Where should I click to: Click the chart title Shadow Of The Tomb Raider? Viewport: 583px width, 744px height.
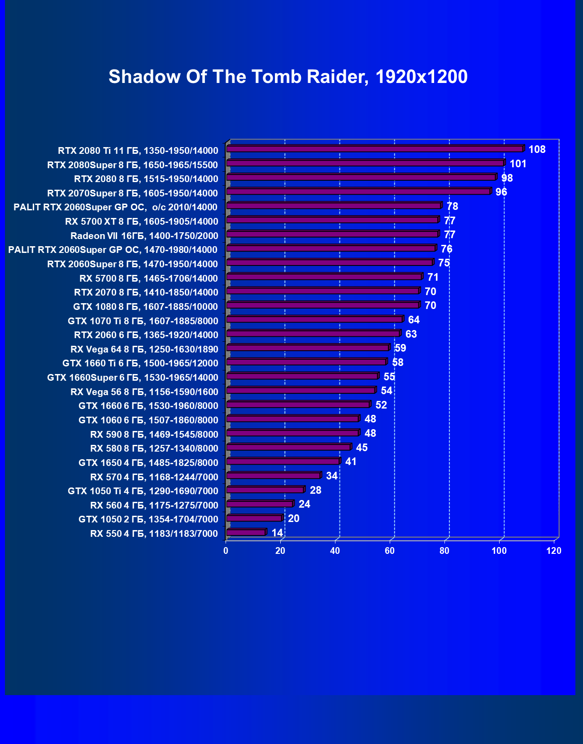288,77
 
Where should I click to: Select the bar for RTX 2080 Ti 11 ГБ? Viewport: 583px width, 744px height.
375,148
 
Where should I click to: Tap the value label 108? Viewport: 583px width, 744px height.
537,149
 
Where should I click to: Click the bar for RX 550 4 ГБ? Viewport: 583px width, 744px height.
246,532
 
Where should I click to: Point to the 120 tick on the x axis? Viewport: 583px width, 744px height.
554,551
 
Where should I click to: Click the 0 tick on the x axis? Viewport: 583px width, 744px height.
226,551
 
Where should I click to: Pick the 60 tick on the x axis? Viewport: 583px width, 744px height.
390,551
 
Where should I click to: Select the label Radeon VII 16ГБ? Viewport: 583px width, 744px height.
144,236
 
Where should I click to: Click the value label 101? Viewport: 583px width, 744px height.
518,164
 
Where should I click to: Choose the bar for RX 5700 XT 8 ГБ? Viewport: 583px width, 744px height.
332,220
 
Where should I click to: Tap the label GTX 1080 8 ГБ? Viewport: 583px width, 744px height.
145,307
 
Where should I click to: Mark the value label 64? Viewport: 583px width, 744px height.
413,320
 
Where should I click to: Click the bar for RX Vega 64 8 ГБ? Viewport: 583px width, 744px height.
308,348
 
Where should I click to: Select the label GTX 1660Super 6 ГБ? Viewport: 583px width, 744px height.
133,378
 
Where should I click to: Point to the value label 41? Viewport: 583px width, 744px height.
351,461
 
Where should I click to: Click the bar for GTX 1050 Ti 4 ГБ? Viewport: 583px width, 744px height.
265,490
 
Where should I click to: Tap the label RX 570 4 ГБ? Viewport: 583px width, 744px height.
154,477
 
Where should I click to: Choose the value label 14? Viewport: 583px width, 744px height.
277,533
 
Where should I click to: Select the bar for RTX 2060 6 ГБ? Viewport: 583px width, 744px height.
313,333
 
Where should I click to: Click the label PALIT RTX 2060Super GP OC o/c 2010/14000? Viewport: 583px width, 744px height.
115,207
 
